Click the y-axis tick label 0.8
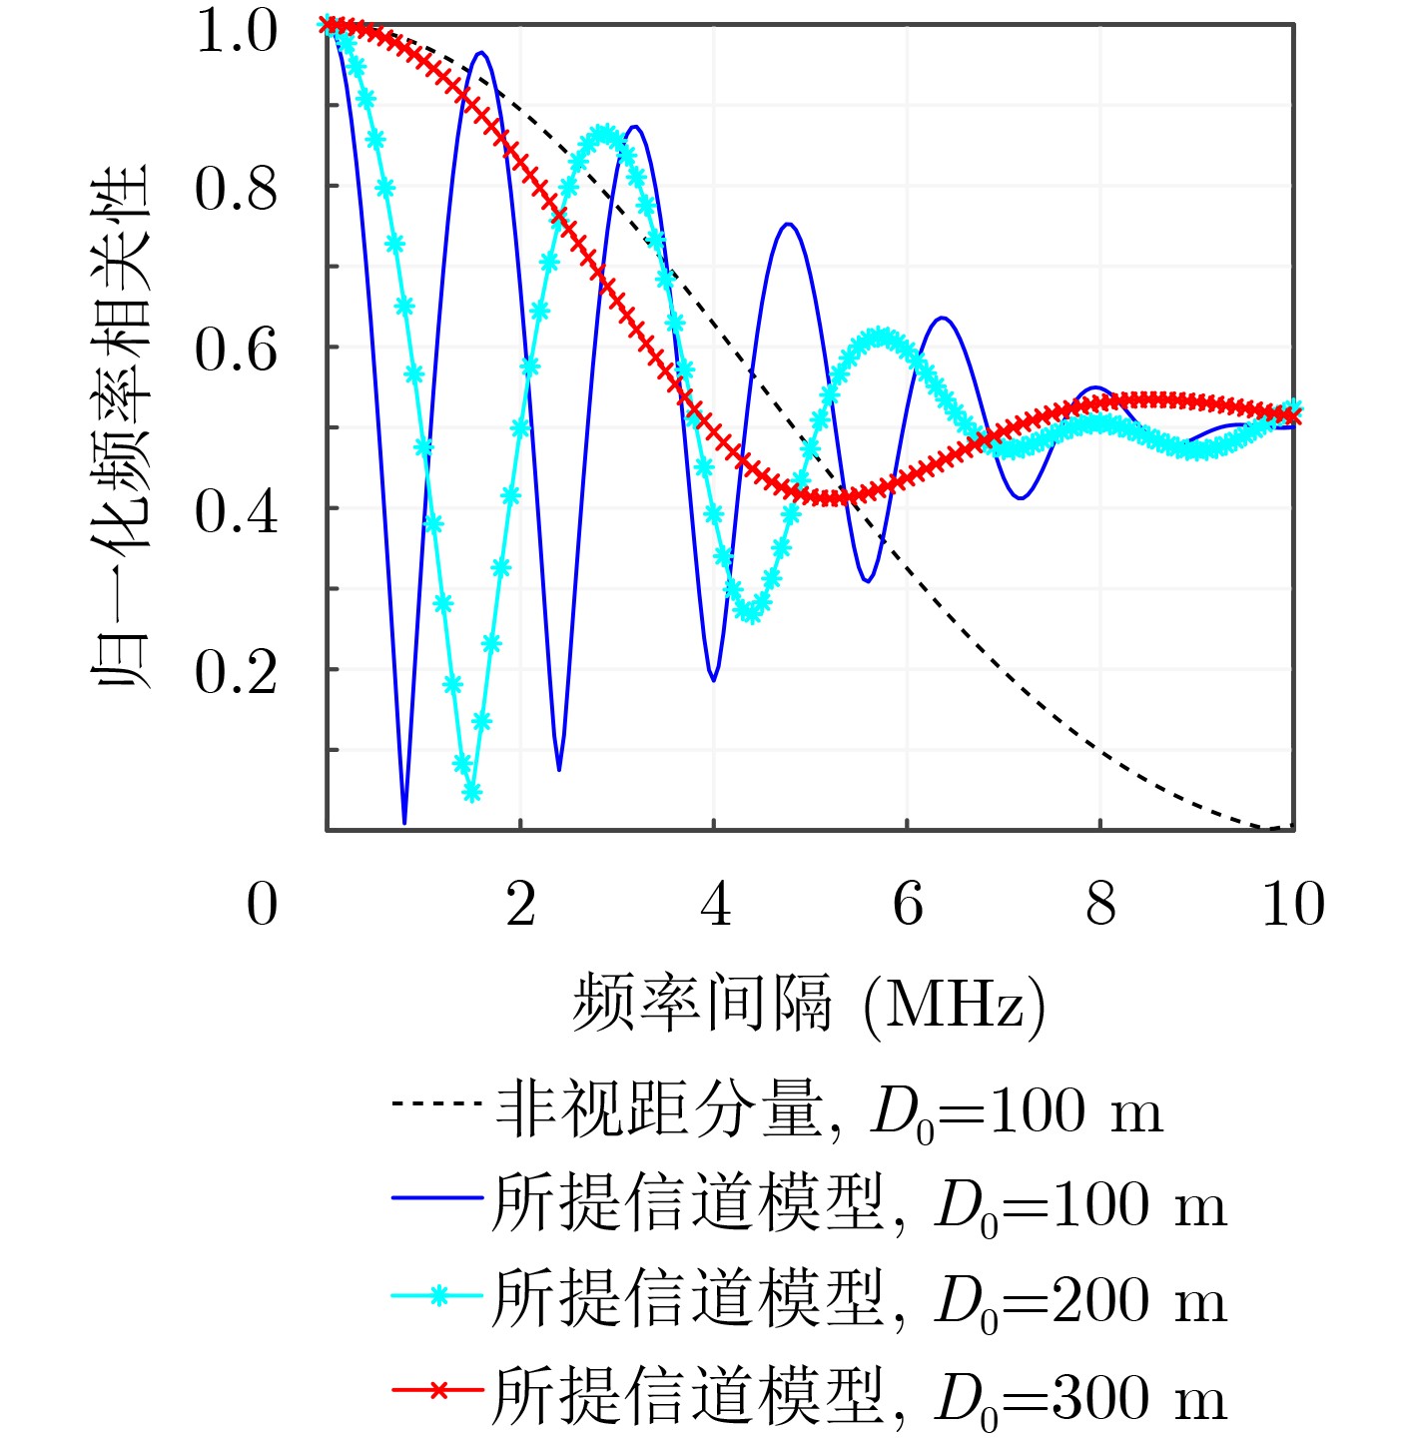point(236,189)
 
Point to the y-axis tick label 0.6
point(236,350)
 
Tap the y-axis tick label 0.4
point(236,511)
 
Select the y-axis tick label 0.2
point(236,672)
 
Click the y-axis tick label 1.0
point(236,31)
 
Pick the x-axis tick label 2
point(520,905)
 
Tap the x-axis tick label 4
point(714,905)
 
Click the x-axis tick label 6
point(907,905)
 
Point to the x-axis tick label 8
point(1100,905)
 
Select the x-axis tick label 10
point(1292,905)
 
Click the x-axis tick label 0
point(262,905)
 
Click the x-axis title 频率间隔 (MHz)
point(808,1004)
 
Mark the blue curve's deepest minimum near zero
point(404,821)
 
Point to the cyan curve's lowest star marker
point(472,792)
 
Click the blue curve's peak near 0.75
point(789,224)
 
